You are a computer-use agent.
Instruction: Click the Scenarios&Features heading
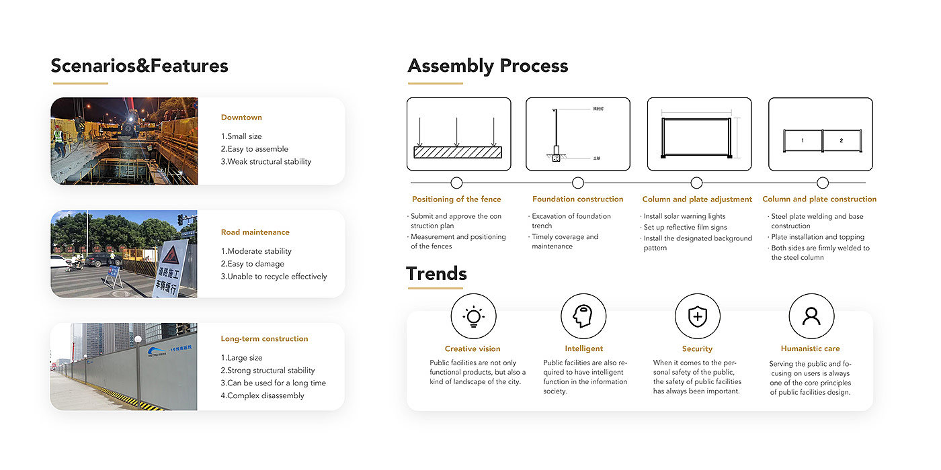tap(139, 66)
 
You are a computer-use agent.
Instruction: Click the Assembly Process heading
tap(487, 66)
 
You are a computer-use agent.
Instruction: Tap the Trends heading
tap(436, 274)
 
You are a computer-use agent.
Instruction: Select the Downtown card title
tap(241, 117)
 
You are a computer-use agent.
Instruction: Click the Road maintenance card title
tap(255, 232)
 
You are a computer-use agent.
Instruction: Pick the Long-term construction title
tap(264, 339)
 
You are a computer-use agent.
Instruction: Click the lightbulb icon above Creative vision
tap(473, 316)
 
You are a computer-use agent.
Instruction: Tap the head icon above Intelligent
tap(583, 316)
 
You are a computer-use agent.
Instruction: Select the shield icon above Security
tap(697, 316)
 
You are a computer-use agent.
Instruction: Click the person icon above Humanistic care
tap(811, 316)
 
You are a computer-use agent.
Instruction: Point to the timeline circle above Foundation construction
tap(577, 183)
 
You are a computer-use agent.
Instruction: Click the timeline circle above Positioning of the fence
tap(456, 183)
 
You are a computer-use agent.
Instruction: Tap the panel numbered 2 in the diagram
tap(841, 141)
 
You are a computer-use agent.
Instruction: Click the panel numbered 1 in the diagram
tap(803, 141)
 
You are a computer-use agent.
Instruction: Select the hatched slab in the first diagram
tap(457, 152)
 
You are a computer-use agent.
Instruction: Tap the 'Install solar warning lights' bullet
tap(684, 217)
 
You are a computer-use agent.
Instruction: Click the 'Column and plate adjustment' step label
tap(697, 199)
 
